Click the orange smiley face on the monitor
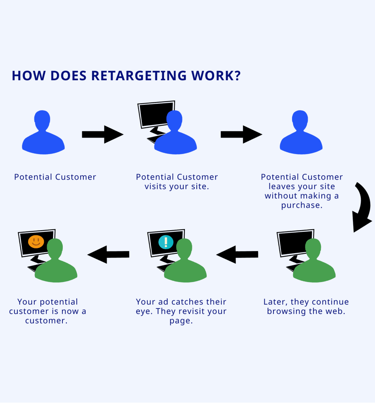[36, 241]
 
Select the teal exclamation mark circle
[166, 241]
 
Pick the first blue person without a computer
[43, 132]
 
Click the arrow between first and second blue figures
[102, 134]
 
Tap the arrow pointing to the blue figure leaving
[241, 134]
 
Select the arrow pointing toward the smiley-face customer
[108, 254]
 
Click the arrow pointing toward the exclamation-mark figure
[237, 254]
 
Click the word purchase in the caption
[302, 205]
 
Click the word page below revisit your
[181, 321]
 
